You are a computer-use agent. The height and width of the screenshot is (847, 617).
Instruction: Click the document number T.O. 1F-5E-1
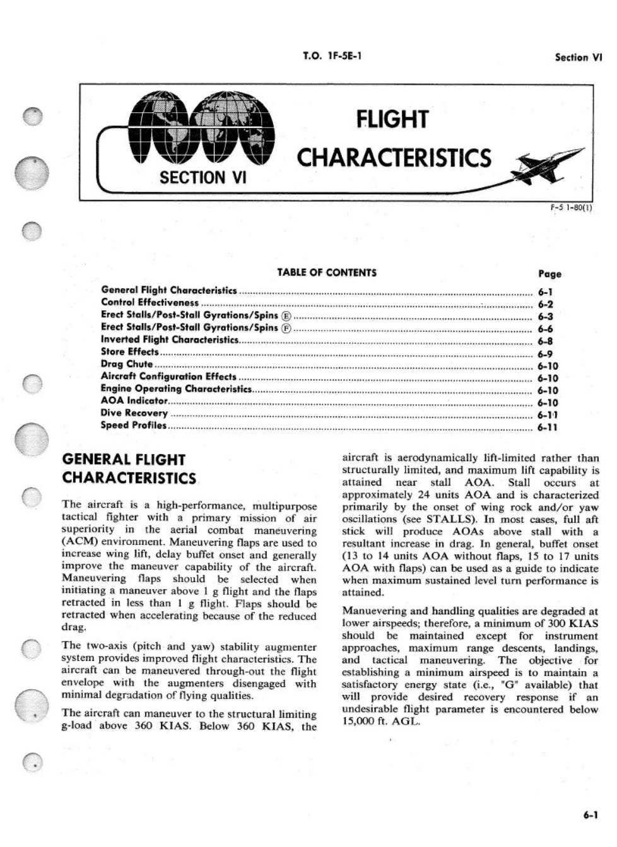pos(332,56)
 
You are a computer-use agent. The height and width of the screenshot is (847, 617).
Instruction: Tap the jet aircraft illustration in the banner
pos(549,163)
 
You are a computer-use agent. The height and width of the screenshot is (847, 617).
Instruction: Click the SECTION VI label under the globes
pos(203,178)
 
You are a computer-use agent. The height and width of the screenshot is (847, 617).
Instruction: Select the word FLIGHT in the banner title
pos(392,119)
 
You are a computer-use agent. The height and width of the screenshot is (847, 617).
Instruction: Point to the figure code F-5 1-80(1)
pos(571,207)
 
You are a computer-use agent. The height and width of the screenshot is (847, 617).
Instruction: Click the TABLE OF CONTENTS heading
pos(326,272)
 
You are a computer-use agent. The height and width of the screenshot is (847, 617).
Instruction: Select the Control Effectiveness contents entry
pos(150,303)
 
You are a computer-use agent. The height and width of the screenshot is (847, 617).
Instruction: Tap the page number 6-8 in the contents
pos(545,342)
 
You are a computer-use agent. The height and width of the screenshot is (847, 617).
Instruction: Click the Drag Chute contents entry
pos(127,364)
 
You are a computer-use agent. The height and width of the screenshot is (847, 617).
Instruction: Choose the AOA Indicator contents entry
pos(134,400)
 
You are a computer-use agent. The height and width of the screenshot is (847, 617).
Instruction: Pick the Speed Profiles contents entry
pos(134,425)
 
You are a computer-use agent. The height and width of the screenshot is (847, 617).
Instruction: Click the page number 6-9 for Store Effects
pos(545,354)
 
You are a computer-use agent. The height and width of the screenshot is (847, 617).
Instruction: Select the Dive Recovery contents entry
pos(134,413)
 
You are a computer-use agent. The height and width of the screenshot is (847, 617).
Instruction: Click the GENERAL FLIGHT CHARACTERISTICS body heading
pos(129,469)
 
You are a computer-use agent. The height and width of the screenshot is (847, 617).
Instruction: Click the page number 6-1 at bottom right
pos(591,815)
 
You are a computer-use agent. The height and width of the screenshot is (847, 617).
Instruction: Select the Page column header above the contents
pos(549,274)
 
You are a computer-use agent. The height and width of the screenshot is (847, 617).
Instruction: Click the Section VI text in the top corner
pos(578,57)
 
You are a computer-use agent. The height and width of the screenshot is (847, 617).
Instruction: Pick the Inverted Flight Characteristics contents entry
pos(170,339)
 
